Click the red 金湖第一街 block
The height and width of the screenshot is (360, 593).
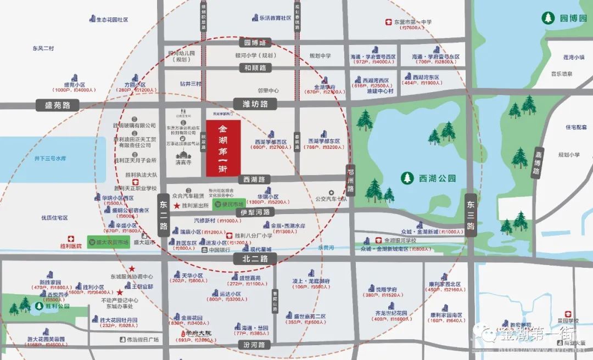223,148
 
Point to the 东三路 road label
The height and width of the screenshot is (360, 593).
471,214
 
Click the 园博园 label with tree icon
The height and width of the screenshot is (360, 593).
566,18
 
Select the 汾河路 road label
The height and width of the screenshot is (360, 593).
254,345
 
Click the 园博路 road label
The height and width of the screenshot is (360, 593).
255,42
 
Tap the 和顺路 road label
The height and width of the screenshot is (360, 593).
255,68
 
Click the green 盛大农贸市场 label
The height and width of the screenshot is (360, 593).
109,242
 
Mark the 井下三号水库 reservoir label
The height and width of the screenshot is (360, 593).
49,158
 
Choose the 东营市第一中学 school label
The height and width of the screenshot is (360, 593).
409,22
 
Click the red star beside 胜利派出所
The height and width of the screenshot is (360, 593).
176,206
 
